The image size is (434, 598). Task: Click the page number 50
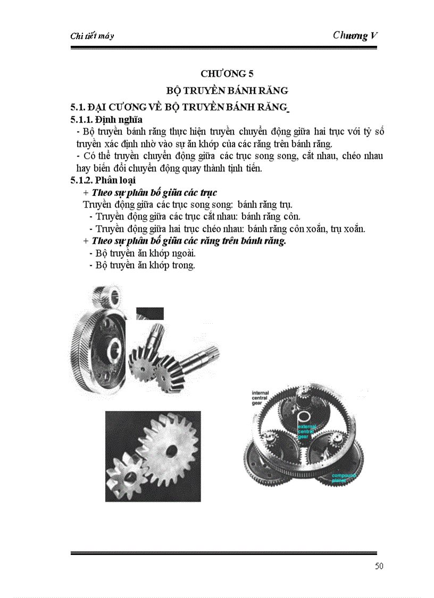(x=378, y=566)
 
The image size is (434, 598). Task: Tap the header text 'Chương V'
(x=355, y=36)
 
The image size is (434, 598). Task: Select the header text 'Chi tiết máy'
(x=92, y=36)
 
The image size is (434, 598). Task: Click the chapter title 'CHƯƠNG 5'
(x=223, y=73)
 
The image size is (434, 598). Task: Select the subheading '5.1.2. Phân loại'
(x=103, y=180)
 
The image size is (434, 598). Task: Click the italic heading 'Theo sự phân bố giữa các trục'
(x=154, y=192)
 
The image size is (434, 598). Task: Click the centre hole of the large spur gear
(x=171, y=449)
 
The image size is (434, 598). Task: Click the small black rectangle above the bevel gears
(x=149, y=313)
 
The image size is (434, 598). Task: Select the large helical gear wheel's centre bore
(x=114, y=350)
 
